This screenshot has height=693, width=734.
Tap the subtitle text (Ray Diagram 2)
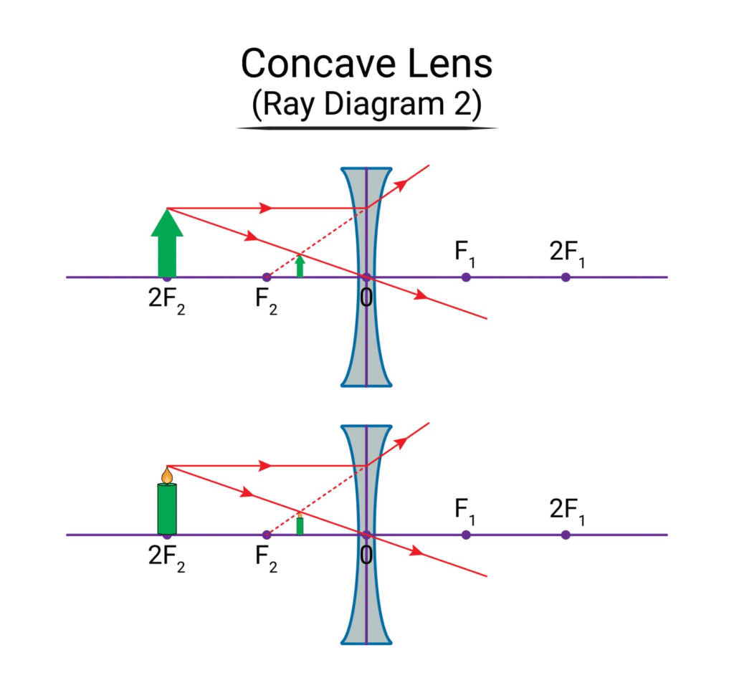(366, 105)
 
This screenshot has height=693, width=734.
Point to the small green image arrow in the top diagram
(300, 266)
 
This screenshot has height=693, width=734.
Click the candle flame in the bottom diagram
(167, 474)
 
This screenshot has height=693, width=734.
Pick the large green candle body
(167, 509)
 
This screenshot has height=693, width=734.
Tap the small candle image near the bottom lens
(300, 525)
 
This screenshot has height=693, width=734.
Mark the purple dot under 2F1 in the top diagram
(566, 277)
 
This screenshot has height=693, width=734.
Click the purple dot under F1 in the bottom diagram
(466, 535)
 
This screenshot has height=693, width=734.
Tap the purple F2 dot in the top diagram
(267, 277)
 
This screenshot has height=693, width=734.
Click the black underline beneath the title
(366, 128)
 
